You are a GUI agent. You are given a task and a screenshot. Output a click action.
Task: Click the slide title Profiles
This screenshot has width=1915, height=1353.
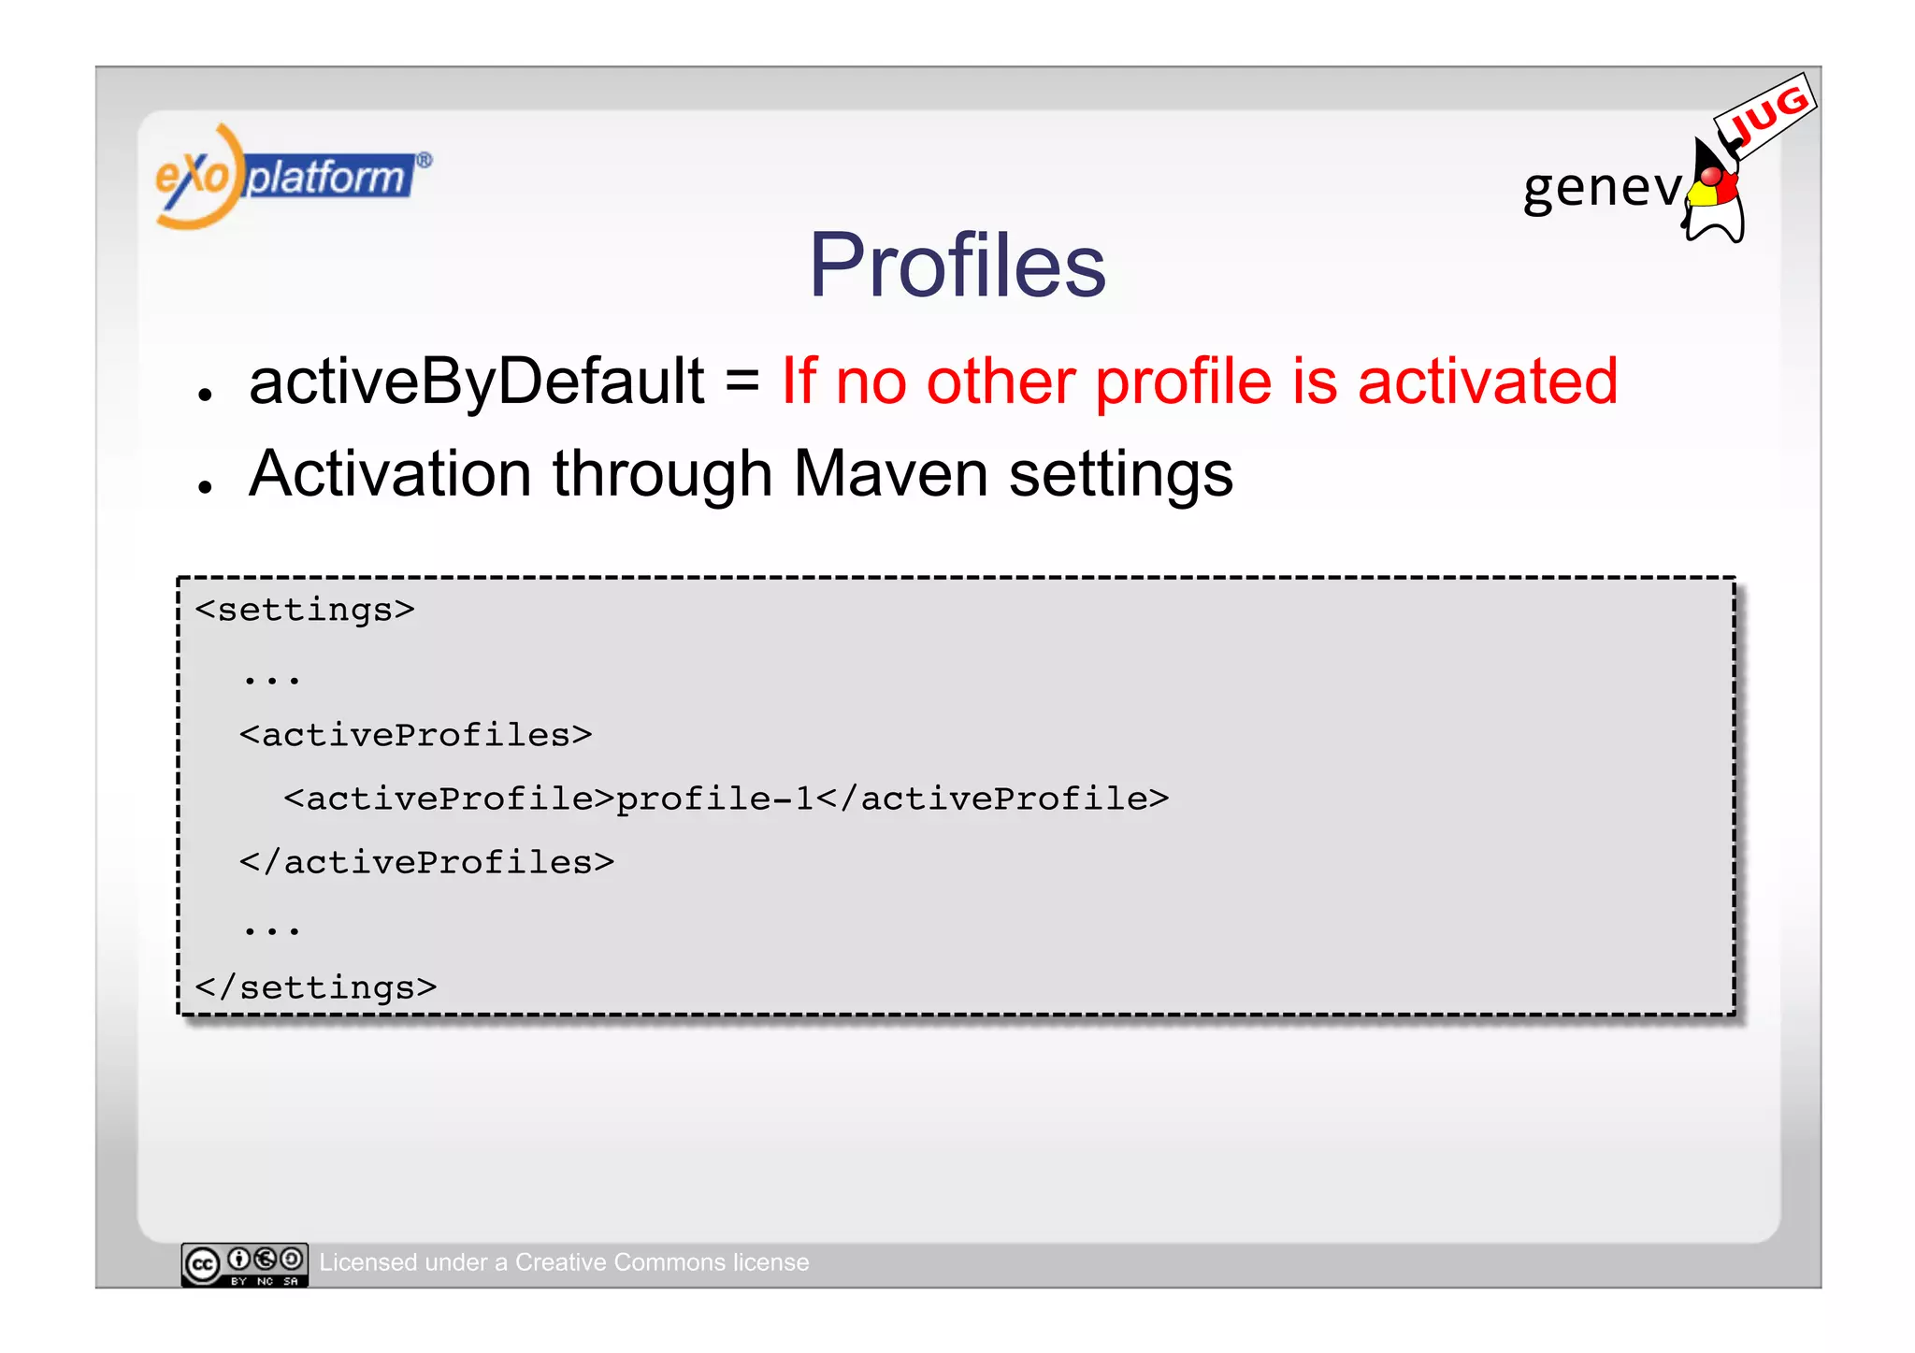(957, 266)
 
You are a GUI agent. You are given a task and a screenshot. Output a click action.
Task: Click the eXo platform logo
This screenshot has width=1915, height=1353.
(292, 177)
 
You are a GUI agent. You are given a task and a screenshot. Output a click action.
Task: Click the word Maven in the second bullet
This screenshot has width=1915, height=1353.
(890, 473)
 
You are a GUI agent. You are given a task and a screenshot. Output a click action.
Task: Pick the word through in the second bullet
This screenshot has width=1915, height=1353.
(662, 475)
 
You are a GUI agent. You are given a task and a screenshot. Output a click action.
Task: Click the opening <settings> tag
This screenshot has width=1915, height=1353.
(305, 610)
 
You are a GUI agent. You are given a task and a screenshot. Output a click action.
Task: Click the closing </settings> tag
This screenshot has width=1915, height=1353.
(316, 987)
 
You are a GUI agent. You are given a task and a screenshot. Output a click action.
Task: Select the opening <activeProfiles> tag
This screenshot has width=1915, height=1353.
(415, 735)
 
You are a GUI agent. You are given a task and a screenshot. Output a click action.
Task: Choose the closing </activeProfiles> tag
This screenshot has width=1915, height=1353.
(426, 862)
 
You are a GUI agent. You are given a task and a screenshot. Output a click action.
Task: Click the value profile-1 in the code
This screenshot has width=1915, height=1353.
(714, 799)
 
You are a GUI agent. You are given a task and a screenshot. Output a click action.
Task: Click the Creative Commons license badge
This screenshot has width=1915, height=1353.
(245, 1264)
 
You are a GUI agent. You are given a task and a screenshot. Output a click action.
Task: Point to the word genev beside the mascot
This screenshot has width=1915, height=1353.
(1601, 187)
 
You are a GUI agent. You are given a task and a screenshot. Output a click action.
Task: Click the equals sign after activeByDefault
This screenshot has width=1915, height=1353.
(742, 381)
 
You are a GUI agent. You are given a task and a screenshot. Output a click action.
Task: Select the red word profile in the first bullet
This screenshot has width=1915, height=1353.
(1183, 383)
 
